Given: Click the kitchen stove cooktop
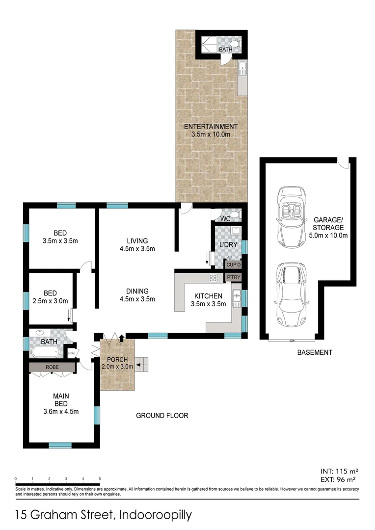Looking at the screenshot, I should click(x=214, y=278).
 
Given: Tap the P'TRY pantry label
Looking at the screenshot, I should click(x=233, y=277).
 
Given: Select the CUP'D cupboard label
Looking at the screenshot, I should click(x=233, y=265).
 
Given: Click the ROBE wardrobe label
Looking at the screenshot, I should click(x=52, y=367).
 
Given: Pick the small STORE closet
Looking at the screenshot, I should click(x=71, y=352).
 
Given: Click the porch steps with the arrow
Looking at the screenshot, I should click(x=142, y=364).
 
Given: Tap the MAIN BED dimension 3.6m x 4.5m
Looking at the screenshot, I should click(x=61, y=411).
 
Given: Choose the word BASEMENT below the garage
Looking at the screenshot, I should click(x=315, y=352).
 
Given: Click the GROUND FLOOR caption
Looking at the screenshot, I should click(x=162, y=416).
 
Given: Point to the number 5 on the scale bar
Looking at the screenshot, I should click(x=100, y=478).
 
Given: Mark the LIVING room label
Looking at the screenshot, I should click(x=137, y=240).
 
